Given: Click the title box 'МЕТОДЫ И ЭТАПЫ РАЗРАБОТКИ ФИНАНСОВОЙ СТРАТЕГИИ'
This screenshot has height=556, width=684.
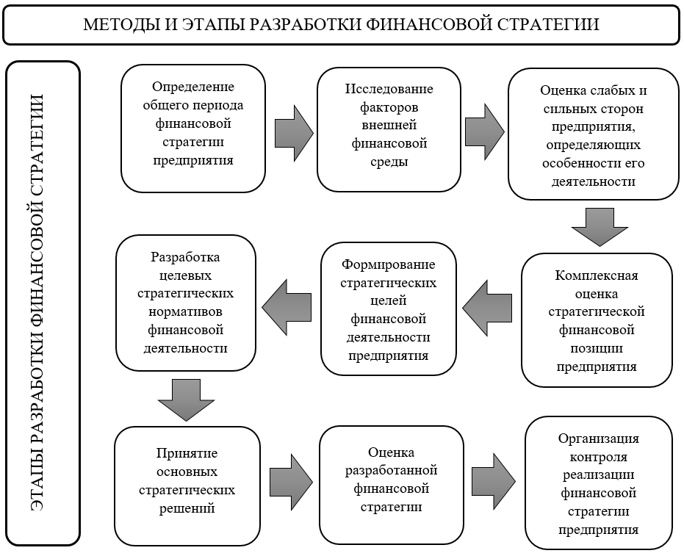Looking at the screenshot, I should (341, 25).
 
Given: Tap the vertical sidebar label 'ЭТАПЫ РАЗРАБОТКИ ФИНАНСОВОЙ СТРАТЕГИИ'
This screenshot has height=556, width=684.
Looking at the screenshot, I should (43, 303).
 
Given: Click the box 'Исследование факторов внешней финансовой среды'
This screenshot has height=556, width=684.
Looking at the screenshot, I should (389, 130).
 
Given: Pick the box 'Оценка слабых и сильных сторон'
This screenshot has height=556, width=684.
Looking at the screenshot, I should (593, 134).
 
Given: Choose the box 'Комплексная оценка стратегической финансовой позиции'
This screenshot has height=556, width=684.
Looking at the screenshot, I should (597, 320).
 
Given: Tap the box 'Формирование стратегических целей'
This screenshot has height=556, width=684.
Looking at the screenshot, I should (388, 309).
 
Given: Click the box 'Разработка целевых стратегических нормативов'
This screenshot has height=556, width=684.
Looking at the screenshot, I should (186, 302).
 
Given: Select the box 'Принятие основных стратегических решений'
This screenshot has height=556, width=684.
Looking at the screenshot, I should (187, 480).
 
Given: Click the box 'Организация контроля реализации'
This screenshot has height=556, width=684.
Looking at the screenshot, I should (598, 483).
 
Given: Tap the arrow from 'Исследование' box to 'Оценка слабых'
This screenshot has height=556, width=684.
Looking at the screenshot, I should (484, 131).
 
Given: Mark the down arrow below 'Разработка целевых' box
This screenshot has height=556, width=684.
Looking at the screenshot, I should (186, 400).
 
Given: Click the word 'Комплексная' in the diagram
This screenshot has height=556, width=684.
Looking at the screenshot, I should (597, 275).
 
